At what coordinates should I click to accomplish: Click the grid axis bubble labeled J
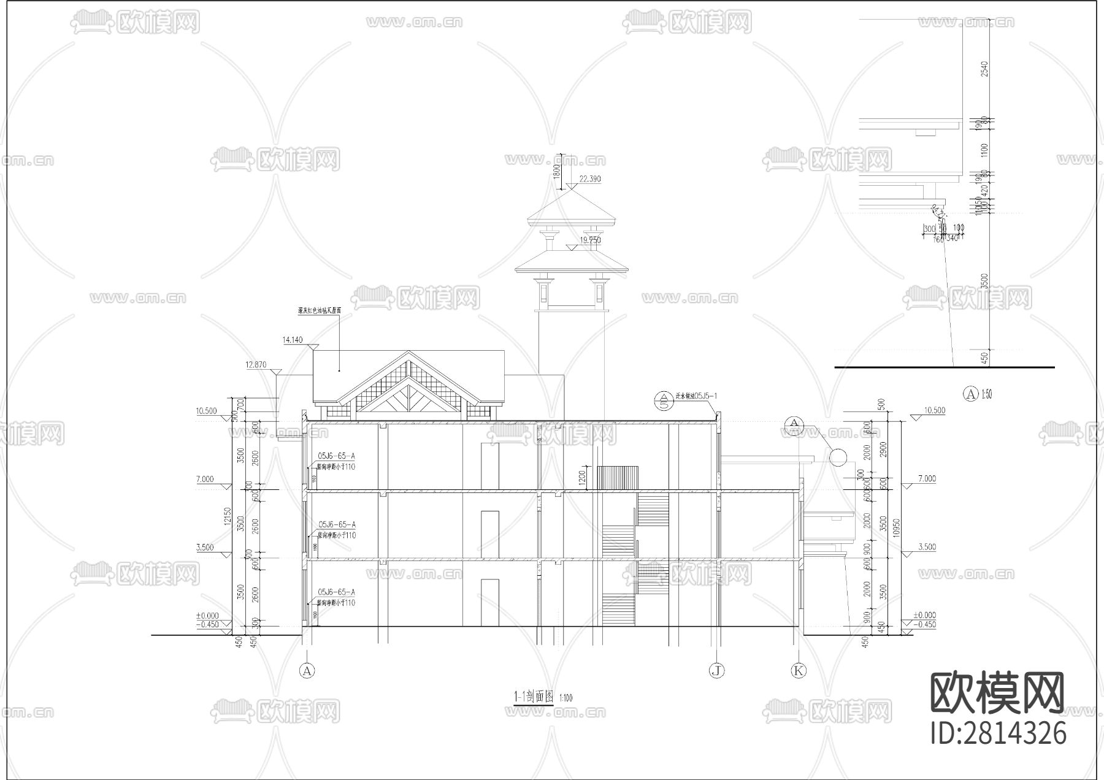coord(716,671)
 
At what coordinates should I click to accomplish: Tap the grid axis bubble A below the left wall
coord(307,671)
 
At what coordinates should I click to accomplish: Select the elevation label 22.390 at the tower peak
coord(589,179)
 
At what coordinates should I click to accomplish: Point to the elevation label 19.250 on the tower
coord(590,240)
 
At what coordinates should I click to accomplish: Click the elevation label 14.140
coord(293,340)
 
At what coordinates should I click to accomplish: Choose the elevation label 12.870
coord(256,365)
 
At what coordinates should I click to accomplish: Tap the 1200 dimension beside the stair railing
coord(582,476)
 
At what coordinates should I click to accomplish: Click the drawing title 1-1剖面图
coord(534,697)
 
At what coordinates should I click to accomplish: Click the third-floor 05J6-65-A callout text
coord(337,456)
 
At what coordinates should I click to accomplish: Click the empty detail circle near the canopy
coord(837,456)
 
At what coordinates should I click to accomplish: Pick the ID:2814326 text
coord(999,733)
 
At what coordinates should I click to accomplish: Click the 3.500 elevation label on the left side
coord(205,547)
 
